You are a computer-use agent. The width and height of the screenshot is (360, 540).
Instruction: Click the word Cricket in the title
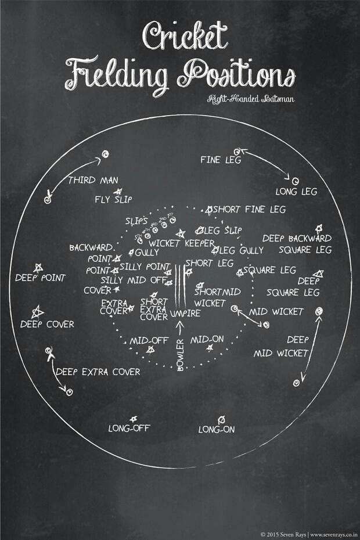tap(181, 38)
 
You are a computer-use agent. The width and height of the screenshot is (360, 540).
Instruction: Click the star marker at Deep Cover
tap(38, 311)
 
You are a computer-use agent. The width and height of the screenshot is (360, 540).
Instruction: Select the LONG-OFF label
tap(126, 429)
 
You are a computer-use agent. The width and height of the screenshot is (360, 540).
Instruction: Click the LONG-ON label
tap(216, 430)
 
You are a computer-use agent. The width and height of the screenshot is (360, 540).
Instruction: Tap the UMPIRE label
tap(186, 314)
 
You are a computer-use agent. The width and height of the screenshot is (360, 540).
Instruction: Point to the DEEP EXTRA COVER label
tap(99, 372)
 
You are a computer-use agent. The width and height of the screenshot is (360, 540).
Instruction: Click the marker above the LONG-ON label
tap(221, 419)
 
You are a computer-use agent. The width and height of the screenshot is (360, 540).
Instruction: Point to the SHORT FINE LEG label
tap(250, 209)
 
